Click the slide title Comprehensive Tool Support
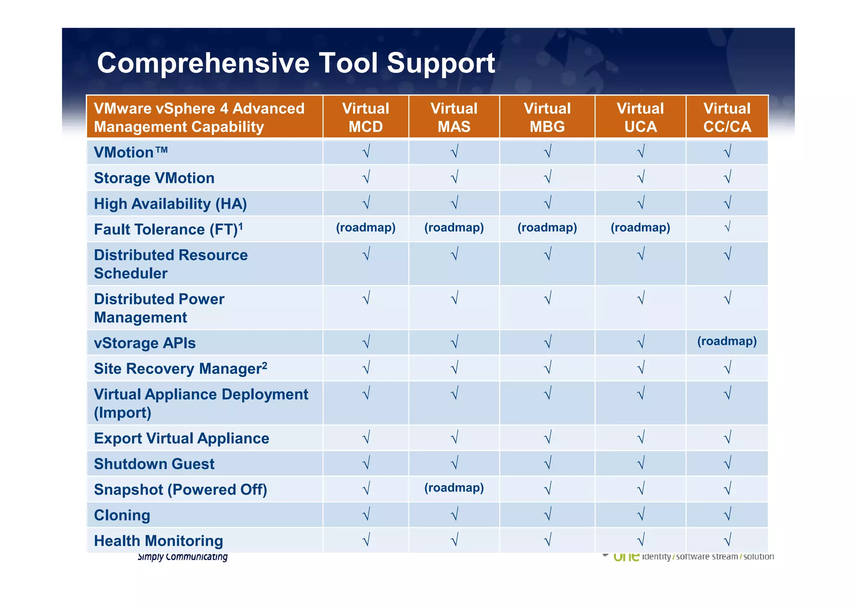(296, 63)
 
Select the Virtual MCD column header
(365, 117)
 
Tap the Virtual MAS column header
(454, 117)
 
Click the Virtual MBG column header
(547, 117)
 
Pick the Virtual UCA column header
(640, 117)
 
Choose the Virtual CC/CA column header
(727, 117)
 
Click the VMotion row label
(131, 152)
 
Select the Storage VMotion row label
(154, 178)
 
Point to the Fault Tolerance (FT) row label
(168, 229)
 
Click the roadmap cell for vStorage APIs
(727, 341)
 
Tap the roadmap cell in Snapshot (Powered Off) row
(454, 488)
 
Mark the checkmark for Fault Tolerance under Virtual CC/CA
(727, 227)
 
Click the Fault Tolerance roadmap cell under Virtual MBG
(547, 227)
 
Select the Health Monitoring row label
(158, 541)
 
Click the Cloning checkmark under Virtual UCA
(640, 514)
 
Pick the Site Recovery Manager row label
(180, 368)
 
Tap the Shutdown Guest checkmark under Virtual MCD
(366, 463)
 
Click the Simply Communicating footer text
(182, 557)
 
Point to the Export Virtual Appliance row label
(181, 438)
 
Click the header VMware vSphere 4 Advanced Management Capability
(199, 117)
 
